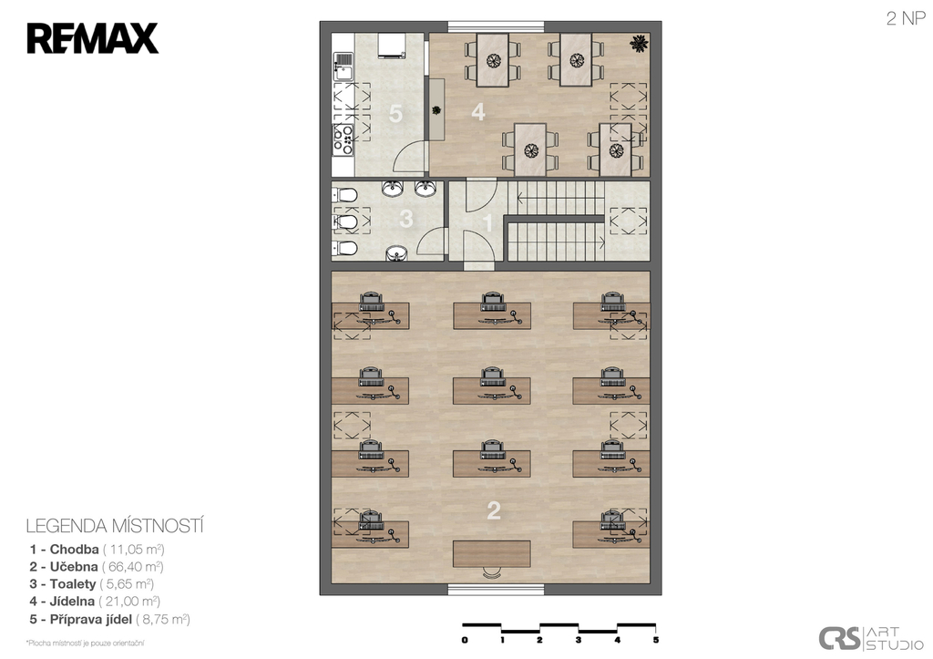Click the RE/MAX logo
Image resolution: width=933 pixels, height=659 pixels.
point(92,38)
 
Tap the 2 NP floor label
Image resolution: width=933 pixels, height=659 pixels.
point(906,18)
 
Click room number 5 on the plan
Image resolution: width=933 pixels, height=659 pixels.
point(395,114)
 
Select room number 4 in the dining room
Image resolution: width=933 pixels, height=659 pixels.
point(478,112)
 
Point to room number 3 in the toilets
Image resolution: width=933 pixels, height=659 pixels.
point(406,219)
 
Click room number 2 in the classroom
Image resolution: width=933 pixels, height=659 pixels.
point(493,510)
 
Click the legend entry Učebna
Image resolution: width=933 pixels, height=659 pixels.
point(74,567)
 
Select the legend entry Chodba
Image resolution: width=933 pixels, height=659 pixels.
point(75,549)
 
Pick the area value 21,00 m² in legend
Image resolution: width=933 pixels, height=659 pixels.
point(129,602)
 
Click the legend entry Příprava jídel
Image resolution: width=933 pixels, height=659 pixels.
point(91,619)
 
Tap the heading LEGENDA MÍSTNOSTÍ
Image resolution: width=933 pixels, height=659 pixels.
point(115,526)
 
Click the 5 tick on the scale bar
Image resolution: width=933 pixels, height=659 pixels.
point(656,640)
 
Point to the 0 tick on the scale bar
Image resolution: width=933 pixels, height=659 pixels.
point(465,640)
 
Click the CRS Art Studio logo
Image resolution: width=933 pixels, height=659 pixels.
point(871,638)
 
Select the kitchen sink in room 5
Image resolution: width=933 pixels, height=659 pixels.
point(343,67)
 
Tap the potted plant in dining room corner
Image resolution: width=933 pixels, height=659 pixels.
point(640,44)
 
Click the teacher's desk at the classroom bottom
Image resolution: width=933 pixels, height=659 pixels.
point(491,553)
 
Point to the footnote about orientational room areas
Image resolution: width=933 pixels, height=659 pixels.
point(85,643)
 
